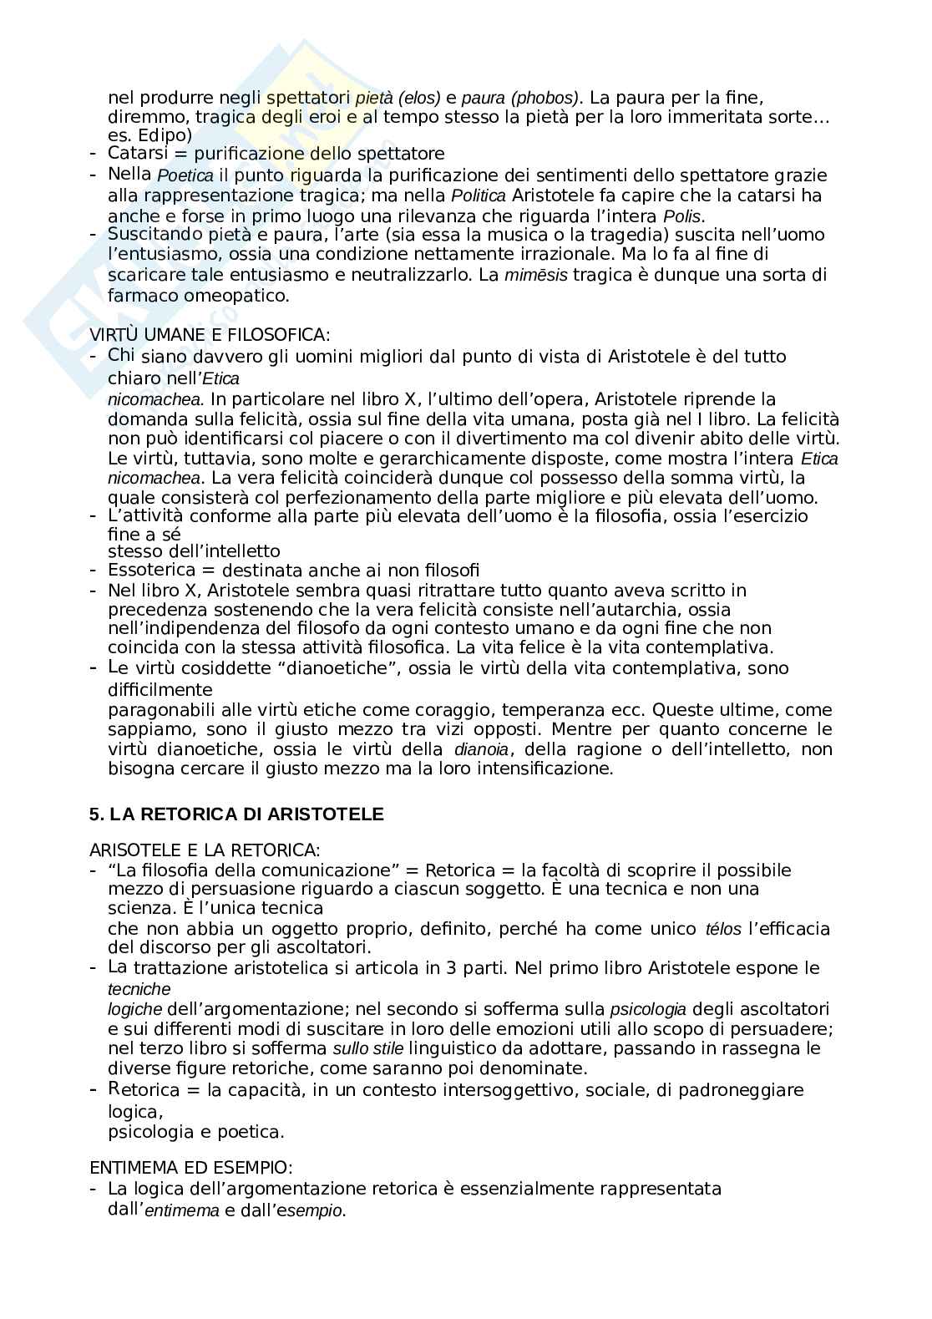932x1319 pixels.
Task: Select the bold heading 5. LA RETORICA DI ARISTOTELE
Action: pos(236,814)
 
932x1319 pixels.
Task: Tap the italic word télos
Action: pos(723,929)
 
